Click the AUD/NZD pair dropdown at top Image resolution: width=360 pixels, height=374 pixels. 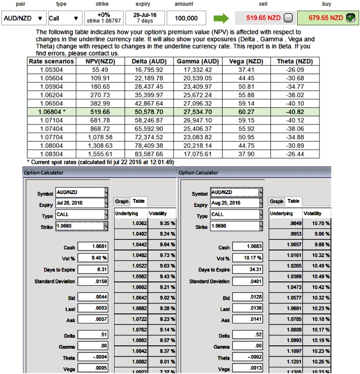[23, 19]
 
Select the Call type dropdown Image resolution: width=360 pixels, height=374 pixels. [64, 19]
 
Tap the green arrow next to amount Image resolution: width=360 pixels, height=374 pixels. [221, 18]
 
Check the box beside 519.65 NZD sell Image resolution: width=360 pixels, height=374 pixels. [288, 18]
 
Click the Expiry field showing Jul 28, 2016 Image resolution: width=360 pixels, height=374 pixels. [82, 203]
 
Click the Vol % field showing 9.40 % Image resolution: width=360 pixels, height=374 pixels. [93, 258]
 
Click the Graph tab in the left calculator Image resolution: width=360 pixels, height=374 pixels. [122, 201]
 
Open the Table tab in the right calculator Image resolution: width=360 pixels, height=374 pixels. [294, 201]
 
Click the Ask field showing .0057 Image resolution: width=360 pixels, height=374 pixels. [93, 320]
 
